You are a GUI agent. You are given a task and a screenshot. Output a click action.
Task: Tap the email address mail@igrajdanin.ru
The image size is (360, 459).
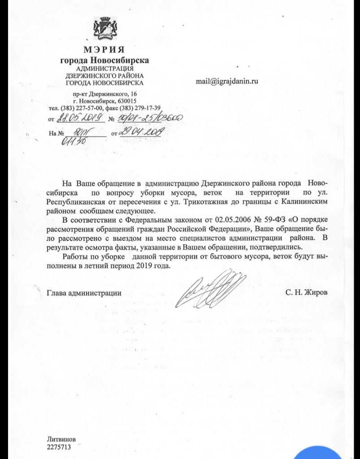click(227, 81)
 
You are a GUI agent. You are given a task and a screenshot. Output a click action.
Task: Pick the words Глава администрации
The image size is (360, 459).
click(84, 293)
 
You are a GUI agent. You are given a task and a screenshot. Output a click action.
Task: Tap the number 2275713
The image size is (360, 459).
click(58, 447)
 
